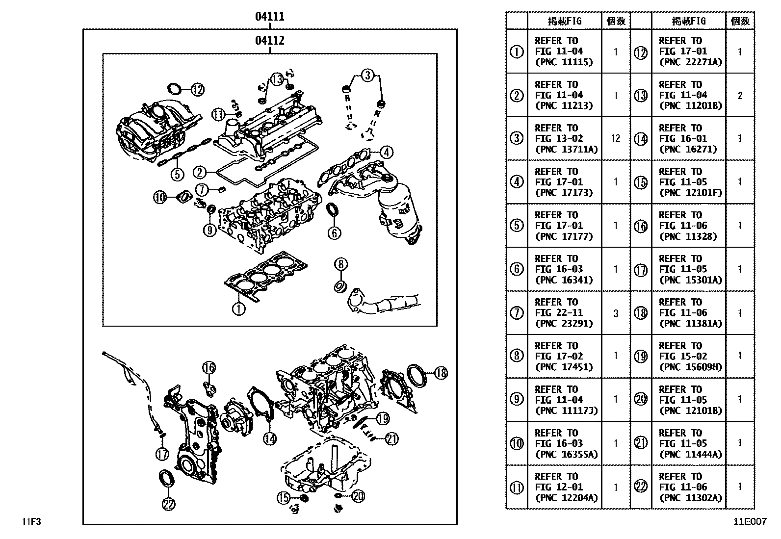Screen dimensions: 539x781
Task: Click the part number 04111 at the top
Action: [269, 17]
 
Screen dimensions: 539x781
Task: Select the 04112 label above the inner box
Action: [269, 41]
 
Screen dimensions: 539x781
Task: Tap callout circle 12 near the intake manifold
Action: [197, 90]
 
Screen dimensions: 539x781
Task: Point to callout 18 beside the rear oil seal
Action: [441, 373]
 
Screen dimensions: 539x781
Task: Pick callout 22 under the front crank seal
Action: [168, 503]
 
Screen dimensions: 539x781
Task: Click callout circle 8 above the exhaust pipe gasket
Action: [340, 264]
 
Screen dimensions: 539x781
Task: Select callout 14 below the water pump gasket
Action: [269, 438]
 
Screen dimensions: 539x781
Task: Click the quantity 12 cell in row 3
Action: [616, 138]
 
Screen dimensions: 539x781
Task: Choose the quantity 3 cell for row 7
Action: [616, 313]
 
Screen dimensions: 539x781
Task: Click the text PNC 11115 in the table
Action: [564, 62]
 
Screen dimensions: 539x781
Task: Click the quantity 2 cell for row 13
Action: [740, 95]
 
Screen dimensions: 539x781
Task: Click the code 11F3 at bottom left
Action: [30, 522]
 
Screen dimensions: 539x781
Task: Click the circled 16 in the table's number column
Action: [641, 226]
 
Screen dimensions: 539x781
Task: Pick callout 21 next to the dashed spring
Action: [391, 439]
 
